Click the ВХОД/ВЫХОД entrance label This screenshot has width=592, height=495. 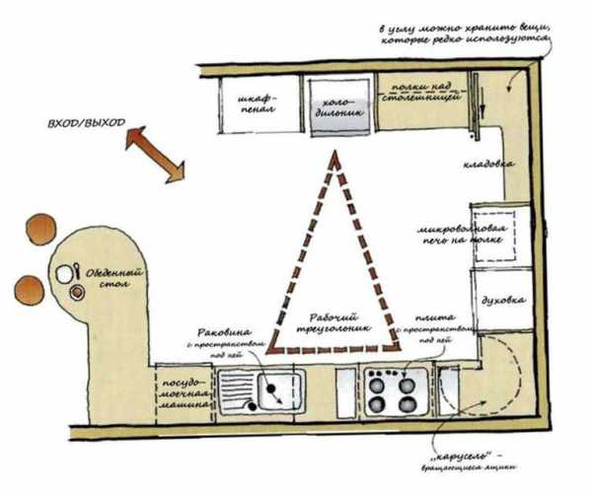click(x=87, y=125)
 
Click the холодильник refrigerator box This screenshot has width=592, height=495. click(x=340, y=106)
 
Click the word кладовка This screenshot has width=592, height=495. click(x=489, y=164)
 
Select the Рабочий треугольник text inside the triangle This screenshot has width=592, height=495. click(x=333, y=322)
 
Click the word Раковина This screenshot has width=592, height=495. click(x=226, y=333)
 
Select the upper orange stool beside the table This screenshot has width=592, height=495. click(x=41, y=227)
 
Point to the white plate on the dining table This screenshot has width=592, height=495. click(x=65, y=273)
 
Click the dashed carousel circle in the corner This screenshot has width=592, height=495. click(x=474, y=380)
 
